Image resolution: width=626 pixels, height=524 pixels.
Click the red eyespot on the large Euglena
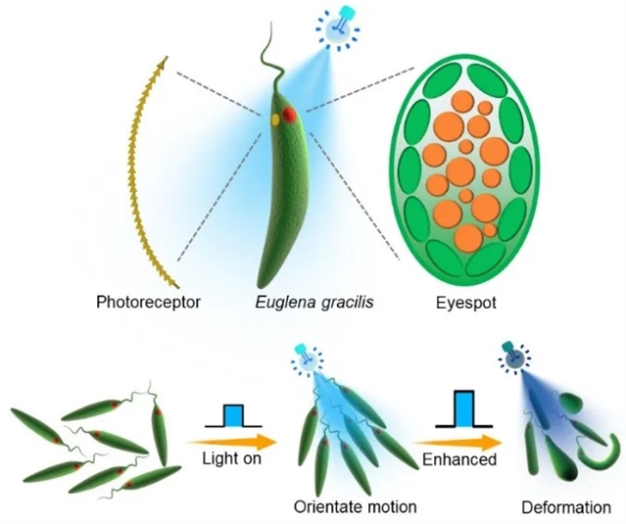[290, 116]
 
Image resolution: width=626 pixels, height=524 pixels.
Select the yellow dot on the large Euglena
[277, 119]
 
